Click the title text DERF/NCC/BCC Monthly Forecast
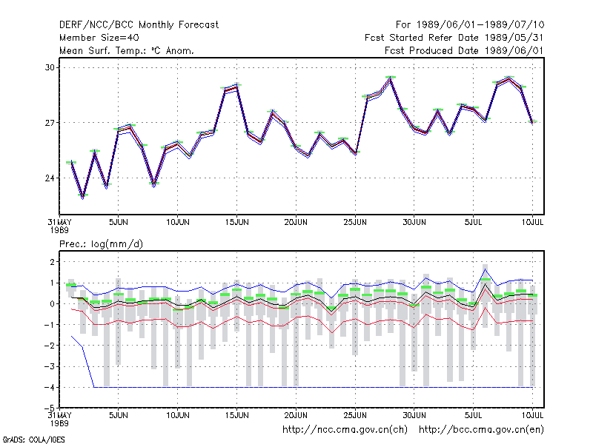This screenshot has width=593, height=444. (139, 25)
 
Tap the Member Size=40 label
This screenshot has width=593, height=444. (99, 38)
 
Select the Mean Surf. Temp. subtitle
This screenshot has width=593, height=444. (127, 50)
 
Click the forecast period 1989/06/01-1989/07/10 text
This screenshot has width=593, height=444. (470, 25)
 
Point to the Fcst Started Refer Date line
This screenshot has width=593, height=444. (454, 38)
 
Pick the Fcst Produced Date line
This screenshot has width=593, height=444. (464, 50)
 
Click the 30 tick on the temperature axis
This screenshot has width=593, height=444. (50, 67)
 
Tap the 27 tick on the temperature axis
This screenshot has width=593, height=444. (50, 123)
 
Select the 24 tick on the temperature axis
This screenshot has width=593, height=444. (50, 178)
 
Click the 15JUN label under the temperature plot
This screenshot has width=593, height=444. (236, 222)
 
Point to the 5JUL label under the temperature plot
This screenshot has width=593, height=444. (473, 222)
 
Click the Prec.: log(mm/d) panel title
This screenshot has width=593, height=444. (101, 244)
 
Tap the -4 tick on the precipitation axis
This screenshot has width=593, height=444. (50, 387)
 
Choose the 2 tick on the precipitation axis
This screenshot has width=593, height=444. (52, 262)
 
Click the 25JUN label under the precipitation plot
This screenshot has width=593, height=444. (355, 415)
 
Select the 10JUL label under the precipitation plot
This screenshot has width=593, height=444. (532, 415)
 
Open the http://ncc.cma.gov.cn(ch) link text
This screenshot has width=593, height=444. (345, 430)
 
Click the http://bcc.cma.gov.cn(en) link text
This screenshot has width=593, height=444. (481, 430)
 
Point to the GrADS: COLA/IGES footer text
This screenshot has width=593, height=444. (33, 440)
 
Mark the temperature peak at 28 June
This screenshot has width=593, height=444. (391, 78)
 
